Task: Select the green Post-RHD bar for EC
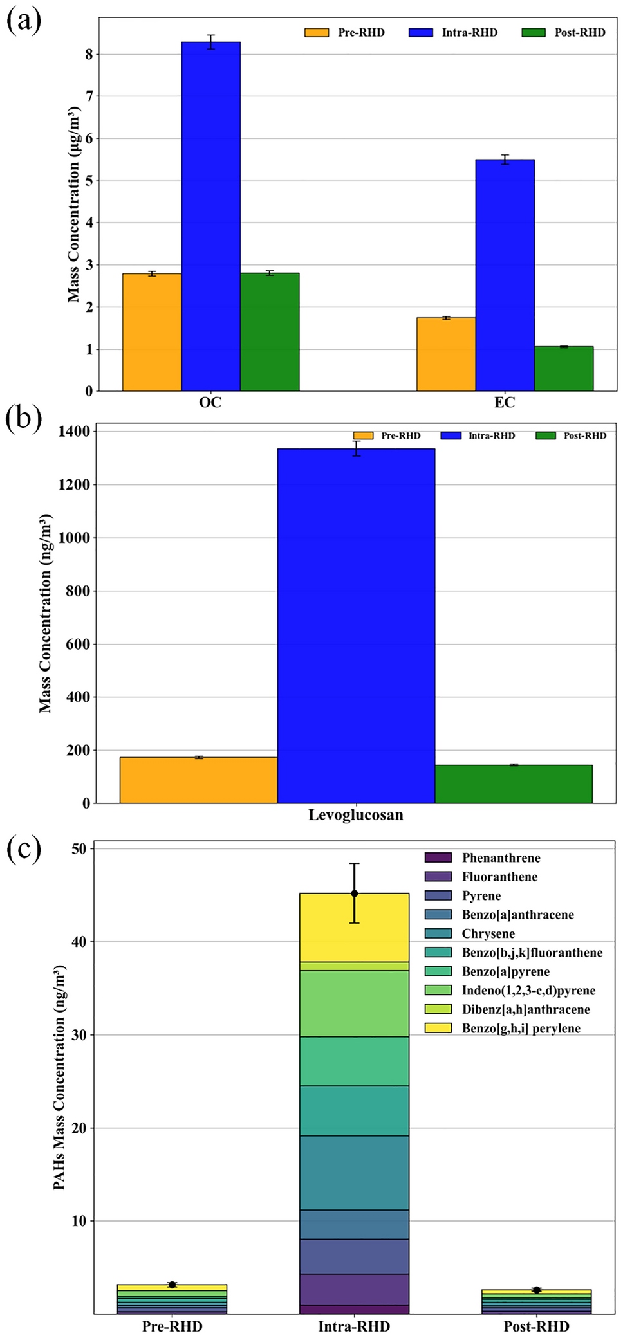coord(563,369)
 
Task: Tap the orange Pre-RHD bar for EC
coord(445,354)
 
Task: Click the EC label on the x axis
coord(505,403)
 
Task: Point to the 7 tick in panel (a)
coord(89,96)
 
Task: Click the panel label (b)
coord(23,419)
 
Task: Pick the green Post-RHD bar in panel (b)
coord(513,784)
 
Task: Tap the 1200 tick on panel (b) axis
coord(74,484)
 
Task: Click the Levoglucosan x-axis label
coord(355,815)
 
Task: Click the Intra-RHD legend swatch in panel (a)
coord(420,33)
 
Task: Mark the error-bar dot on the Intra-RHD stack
coord(354,894)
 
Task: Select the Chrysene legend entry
coord(488,933)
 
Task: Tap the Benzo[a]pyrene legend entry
coord(505,971)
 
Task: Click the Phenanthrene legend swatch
coord(438,857)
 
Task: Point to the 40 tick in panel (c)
coord(78,942)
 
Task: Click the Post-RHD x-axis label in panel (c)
coord(535,1326)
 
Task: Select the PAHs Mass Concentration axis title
coord(59,1077)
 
